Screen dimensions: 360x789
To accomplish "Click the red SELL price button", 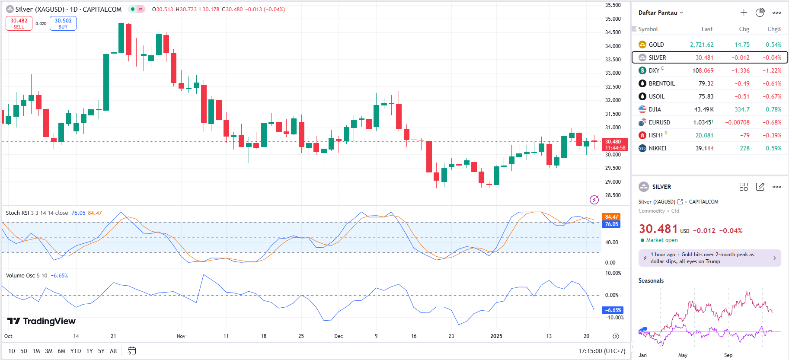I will tap(19, 23).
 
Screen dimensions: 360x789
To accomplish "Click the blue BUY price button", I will tap(63, 23).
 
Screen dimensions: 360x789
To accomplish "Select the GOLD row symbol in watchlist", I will tap(656, 45).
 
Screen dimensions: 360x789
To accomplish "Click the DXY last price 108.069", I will tap(703, 70).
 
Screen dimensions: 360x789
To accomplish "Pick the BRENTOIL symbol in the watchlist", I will tap(661, 83).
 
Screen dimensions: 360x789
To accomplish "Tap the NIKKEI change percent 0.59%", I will tap(773, 148).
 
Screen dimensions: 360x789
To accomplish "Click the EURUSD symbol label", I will tap(659, 122).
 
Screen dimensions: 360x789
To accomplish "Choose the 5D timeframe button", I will tap(24, 351).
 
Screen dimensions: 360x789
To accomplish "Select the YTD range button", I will tap(76, 351).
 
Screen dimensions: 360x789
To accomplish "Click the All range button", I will tap(113, 351).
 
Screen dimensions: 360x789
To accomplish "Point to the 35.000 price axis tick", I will tap(613, 19).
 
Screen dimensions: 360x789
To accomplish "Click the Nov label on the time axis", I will tap(181, 336).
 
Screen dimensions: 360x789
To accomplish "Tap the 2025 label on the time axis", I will tap(496, 336).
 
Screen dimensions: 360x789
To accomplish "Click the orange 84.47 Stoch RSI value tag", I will tap(611, 217).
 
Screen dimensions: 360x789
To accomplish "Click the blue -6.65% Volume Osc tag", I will tap(613, 310).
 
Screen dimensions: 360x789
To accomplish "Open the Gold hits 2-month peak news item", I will tap(709, 258).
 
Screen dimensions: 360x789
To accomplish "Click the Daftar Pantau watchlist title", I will tap(658, 13).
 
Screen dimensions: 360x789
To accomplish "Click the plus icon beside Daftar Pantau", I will tap(744, 13).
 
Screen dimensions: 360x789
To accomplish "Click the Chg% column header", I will tap(774, 29).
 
